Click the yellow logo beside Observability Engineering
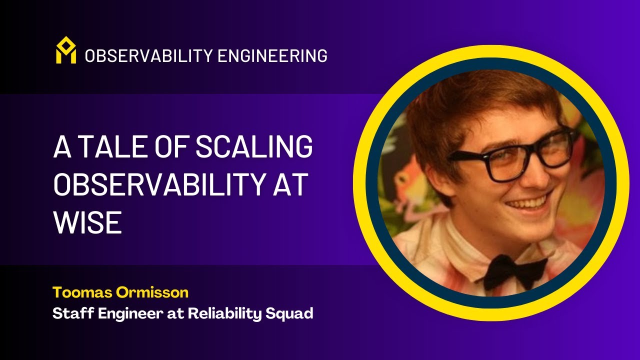(x=65, y=50)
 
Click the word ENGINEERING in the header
(x=273, y=56)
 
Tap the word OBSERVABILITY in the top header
(x=148, y=56)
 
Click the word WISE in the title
(x=87, y=223)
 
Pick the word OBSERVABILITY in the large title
(x=155, y=185)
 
